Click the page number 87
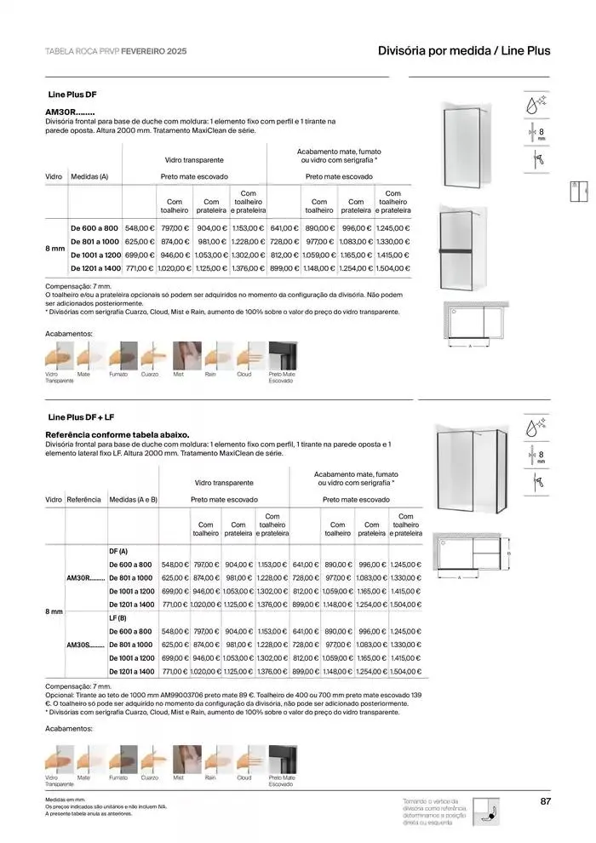[546, 800]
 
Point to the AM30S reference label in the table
[85, 645]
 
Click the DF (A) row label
[119, 552]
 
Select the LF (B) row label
[118, 618]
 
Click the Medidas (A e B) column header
[134, 500]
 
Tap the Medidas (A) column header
[89, 177]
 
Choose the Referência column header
[83, 500]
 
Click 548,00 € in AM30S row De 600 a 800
[175, 632]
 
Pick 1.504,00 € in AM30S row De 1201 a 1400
[405, 672]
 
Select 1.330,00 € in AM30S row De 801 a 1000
[405, 645]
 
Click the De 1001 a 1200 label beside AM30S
[131, 658]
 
